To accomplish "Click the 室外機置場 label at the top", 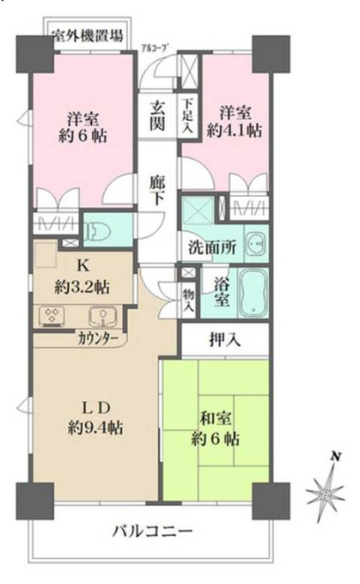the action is click(x=87, y=35).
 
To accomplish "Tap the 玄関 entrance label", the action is click(x=157, y=116).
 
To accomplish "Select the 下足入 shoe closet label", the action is click(x=187, y=115).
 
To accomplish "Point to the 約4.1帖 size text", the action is click(x=234, y=131).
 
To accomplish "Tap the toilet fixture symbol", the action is click(x=97, y=229).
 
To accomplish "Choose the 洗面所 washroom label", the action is click(x=211, y=247).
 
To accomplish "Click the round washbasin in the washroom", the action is click(x=256, y=244).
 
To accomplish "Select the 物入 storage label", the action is click(x=188, y=301).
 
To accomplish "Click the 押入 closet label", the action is click(x=224, y=340).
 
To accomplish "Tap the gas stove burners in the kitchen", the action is click(x=52, y=315).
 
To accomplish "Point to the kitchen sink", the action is click(x=102, y=316).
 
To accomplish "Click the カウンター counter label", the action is click(x=98, y=339).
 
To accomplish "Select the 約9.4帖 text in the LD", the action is click(x=95, y=428).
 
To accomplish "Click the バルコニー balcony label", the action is click(x=152, y=531).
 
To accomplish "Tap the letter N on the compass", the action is click(x=337, y=456).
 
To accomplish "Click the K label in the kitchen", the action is click(x=82, y=265).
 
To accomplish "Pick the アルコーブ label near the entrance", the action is click(x=153, y=47).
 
